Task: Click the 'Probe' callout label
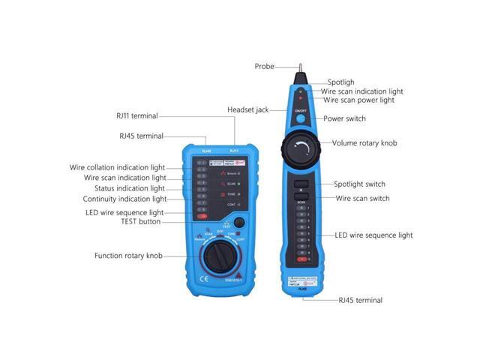click(265, 66)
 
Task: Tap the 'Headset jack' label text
click(247, 109)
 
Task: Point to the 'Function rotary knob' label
click(128, 255)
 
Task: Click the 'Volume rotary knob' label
click(364, 142)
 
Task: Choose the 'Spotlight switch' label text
click(359, 184)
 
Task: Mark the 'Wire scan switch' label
click(362, 198)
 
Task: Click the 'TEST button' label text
click(140, 222)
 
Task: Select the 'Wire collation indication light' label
click(118, 167)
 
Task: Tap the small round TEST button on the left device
click(239, 222)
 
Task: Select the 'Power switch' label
click(344, 118)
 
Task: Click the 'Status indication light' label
click(125, 188)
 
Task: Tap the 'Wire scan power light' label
click(358, 100)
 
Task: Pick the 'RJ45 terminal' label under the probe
click(360, 300)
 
